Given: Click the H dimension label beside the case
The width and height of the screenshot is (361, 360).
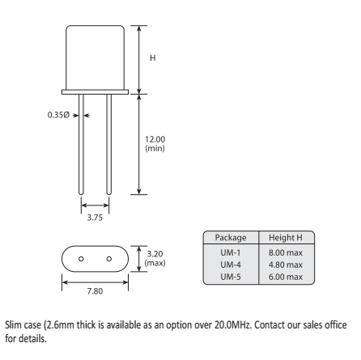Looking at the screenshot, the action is [x=153, y=58].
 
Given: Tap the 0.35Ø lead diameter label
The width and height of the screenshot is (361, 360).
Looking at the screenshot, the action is [x=58, y=115].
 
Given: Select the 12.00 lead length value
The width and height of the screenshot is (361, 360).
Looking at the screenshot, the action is [x=155, y=139].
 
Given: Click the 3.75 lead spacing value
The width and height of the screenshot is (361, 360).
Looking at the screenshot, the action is [x=95, y=218].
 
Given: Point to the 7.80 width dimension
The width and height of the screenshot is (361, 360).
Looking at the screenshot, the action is [x=95, y=291].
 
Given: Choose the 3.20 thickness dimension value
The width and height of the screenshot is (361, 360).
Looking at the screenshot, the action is [x=155, y=254].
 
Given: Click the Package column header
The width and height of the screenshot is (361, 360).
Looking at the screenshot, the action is [x=231, y=238].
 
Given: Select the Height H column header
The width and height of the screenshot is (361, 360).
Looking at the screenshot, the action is [x=286, y=238].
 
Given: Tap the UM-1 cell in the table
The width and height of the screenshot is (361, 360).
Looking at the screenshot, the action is [x=231, y=252].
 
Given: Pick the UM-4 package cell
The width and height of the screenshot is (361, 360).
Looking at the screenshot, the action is [x=231, y=265].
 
